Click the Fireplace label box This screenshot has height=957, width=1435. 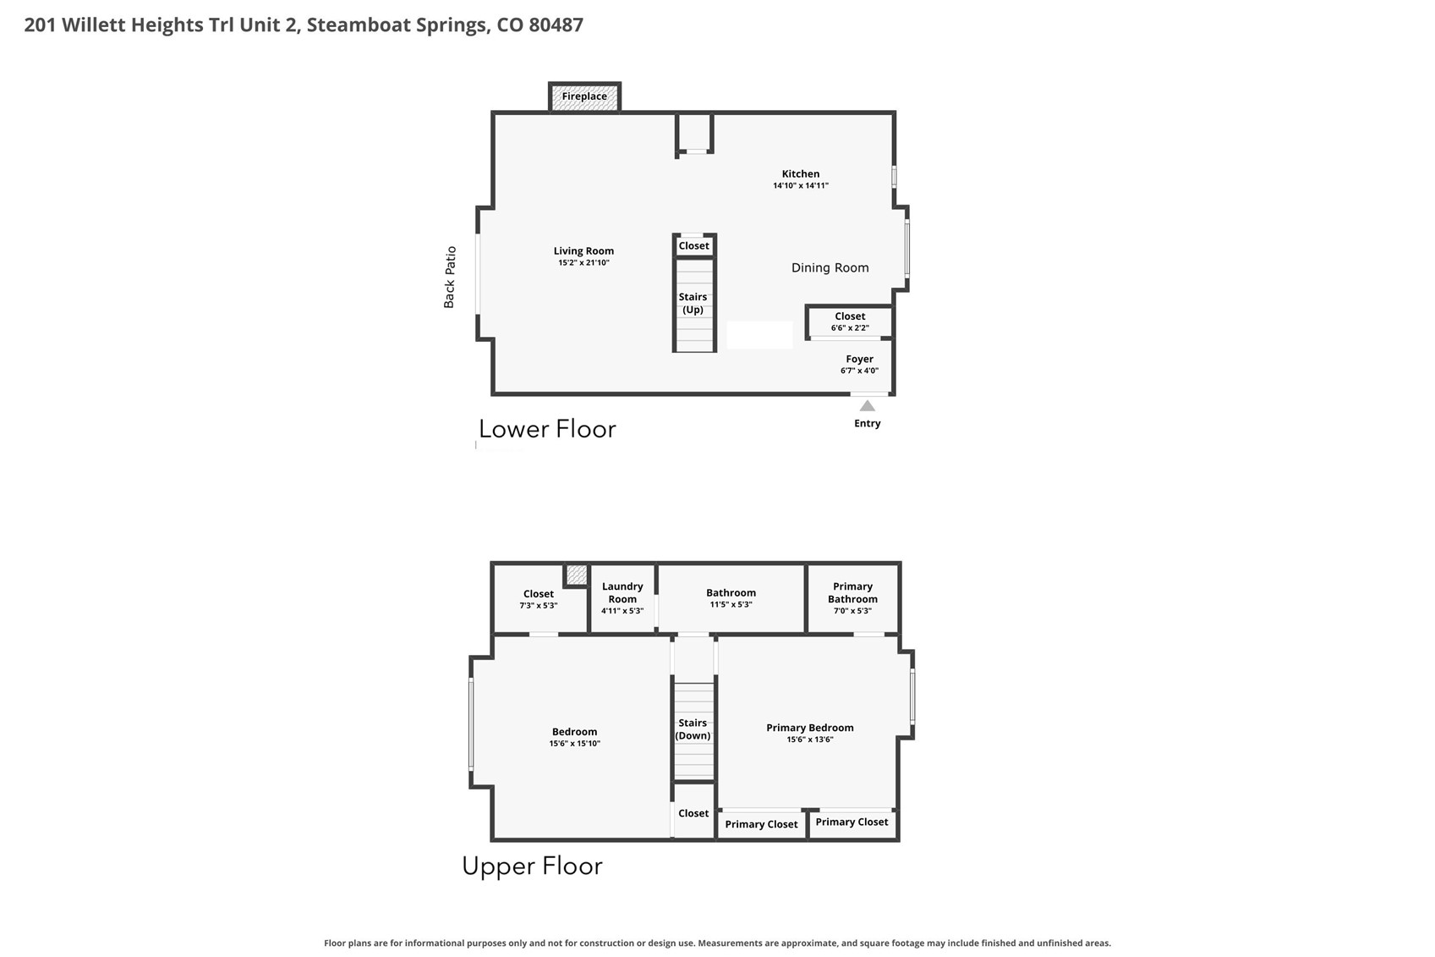[x=584, y=96]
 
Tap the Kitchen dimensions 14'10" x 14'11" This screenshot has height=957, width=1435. [x=801, y=186]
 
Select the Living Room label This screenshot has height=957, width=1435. [x=583, y=251]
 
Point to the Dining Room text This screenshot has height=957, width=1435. [x=830, y=268]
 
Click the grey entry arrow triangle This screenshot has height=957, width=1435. [x=868, y=406]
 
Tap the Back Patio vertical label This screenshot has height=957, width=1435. [x=450, y=277]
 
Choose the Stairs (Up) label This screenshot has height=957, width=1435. [x=693, y=303]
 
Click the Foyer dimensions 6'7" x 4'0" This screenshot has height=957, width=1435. [x=860, y=371]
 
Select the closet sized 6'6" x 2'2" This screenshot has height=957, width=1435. [x=850, y=322]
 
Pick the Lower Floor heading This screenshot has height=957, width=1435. [x=548, y=429]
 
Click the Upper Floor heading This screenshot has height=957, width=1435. [x=533, y=866]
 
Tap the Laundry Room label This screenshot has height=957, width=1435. [x=622, y=593]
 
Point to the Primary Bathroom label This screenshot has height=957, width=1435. [x=852, y=593]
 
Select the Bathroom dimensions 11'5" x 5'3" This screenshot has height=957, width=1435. [x=731, y=604]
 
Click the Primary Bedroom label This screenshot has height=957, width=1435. [x=810, y=728]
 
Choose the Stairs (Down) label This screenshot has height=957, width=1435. [x=693, y=729]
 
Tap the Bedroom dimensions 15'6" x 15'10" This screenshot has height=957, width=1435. [x=575, y=744]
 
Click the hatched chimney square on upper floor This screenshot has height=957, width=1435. [x=577, y=575]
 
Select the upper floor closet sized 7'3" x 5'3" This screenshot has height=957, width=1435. [x=539, y=599]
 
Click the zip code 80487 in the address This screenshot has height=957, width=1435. [x=556, y=25]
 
